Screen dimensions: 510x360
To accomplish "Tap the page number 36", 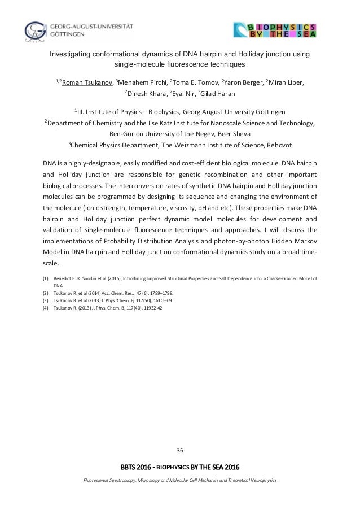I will [180, 450].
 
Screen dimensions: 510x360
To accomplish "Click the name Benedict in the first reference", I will [63, 278].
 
